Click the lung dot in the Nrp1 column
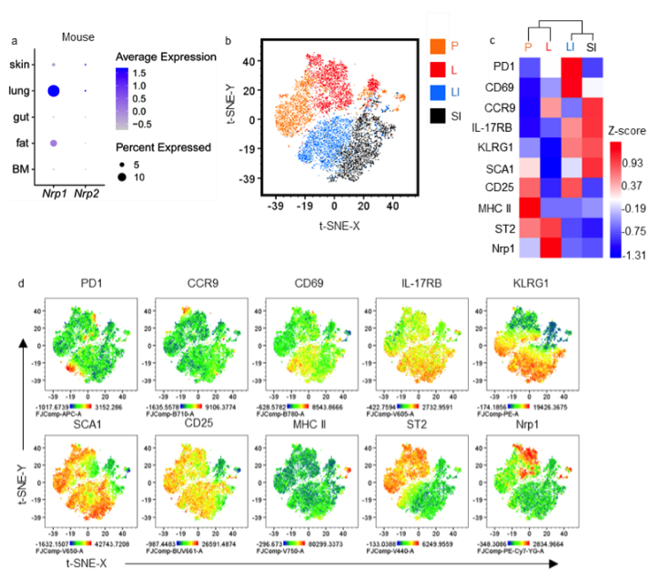point(54,90)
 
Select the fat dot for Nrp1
point(54,143)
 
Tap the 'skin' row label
point(19,65)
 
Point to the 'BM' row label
point(20,169)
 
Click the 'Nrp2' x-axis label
point(86,193)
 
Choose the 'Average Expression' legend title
point(166,56)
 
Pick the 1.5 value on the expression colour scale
point(160,70)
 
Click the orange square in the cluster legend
point(439,46)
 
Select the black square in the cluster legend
point(439,115)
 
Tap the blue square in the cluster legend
point(439,92)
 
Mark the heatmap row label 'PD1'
point(502,66)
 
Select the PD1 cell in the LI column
point(570,66)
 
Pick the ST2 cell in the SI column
point(592,228)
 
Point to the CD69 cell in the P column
point(528,87)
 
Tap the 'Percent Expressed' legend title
point(164,147)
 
